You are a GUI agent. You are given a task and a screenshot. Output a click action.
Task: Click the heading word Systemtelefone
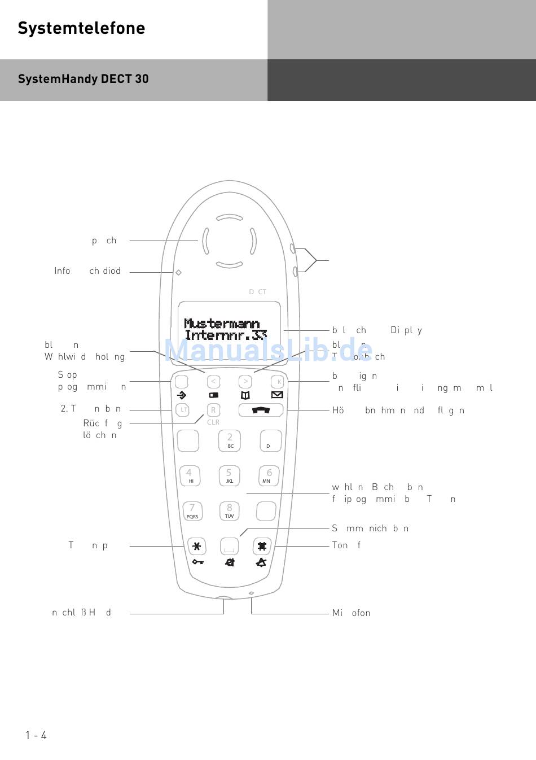(81, 28)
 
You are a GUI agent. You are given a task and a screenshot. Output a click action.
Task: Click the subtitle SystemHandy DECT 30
(83, 79)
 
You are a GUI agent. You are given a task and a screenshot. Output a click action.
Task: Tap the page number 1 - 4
(36, 735)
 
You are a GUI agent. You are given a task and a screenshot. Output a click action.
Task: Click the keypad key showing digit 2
(230, 440)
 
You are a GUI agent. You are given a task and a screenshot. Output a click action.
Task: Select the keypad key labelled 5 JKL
(229, 475)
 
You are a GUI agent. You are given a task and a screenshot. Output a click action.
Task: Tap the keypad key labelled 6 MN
(269, 475)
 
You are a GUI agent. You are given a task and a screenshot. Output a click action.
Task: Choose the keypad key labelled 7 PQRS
(192, 511)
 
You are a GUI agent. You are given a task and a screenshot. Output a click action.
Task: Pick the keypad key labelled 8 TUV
(229, 511)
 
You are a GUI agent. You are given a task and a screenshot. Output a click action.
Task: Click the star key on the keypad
(196, 546)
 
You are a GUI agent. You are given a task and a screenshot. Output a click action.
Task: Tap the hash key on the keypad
(262, 546)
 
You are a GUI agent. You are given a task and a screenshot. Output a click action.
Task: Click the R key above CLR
(213, 410)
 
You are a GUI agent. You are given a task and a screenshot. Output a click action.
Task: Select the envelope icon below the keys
(277, 395)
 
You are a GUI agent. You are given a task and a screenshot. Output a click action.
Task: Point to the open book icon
(245, 395)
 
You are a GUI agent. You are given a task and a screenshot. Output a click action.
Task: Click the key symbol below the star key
(197, 562)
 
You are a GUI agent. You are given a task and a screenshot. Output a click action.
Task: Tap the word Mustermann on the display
(222, 324)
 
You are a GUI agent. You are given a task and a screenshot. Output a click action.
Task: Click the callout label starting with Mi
(351, 613)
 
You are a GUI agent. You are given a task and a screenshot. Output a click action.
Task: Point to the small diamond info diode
(178, 272)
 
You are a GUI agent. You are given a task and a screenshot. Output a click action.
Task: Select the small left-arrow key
(213, 382)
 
